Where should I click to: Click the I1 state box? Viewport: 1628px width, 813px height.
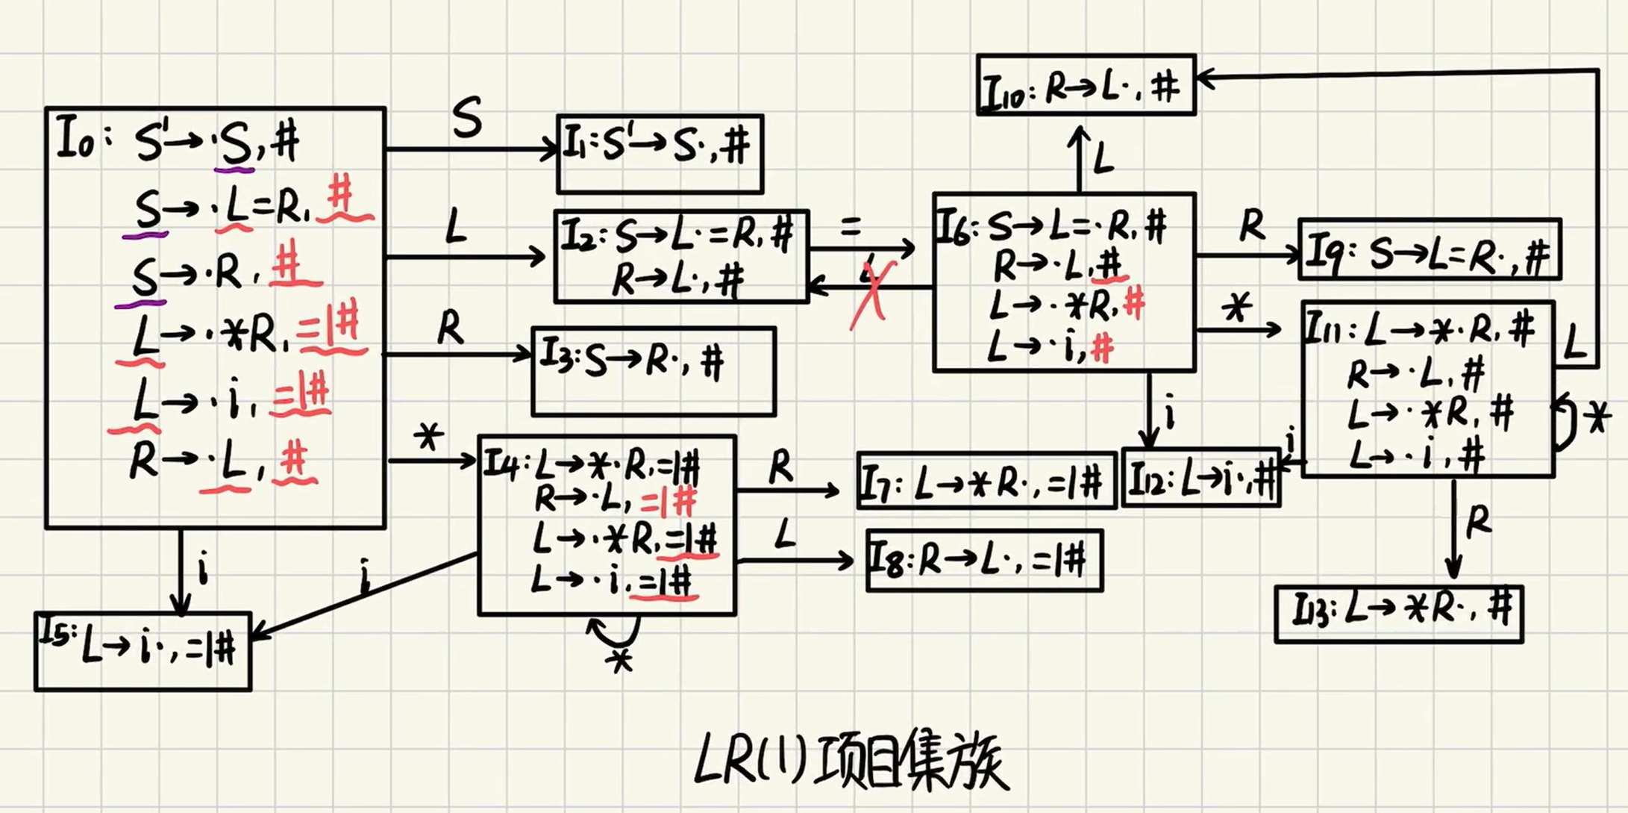click(x=660, y=154)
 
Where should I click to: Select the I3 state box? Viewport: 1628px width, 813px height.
click(x=654, y=371)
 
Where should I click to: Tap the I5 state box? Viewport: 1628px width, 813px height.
click(x=143, y=651)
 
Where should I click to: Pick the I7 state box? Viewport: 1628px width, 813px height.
click(x=986, y=481)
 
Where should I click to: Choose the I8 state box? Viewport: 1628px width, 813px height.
click(x=984, y=561)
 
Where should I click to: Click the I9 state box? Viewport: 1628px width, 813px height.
click(x=1430, y=250)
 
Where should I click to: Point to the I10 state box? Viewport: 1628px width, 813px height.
click(x=1086, y=85)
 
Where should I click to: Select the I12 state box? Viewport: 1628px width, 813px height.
click(x=1201, y=478)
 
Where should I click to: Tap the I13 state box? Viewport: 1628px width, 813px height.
click(x=1399, y=614)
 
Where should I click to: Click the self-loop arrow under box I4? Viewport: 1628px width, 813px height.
click(x=615, y=635)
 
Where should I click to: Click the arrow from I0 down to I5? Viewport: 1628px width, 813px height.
click(x=181, y=570)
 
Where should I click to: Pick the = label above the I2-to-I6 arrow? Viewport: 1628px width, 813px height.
click(x=851, y=227)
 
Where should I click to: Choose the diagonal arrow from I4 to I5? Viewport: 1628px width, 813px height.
click(x=366, y=595)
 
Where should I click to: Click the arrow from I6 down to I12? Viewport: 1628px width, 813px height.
click(x=1150, y=410)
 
